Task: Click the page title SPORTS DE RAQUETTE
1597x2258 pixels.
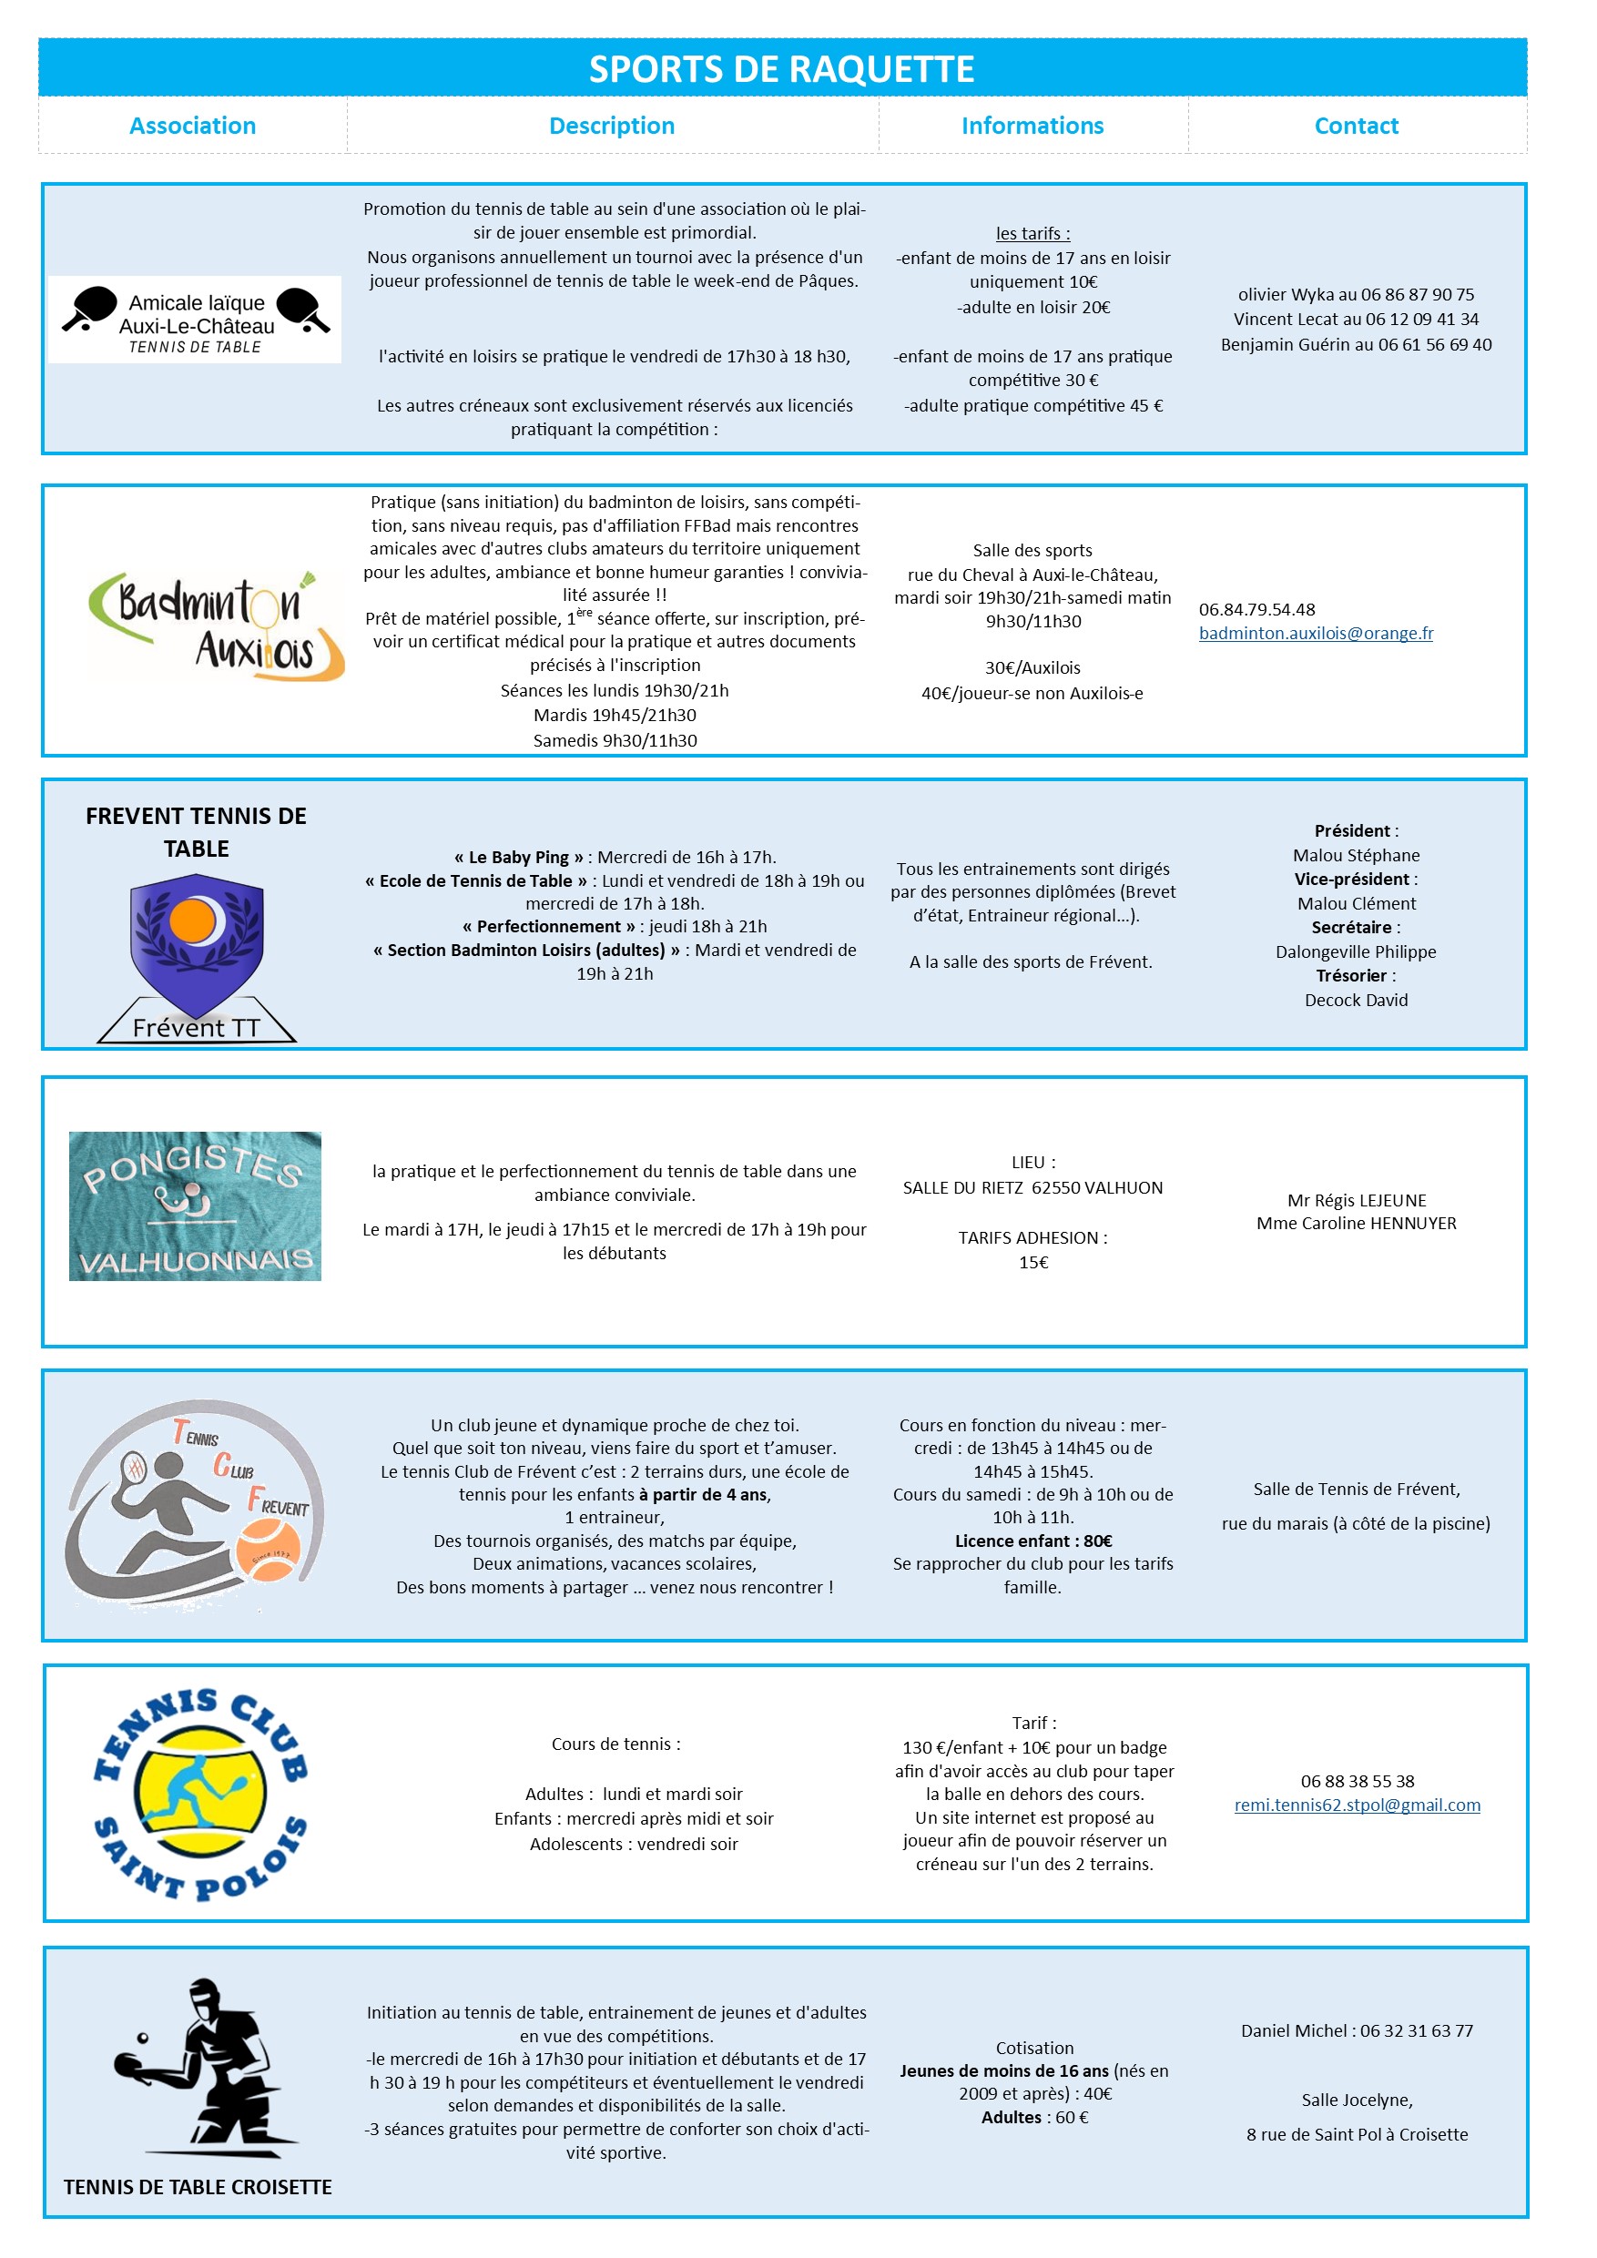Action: tap(782, 70)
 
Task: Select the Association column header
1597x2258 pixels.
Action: tap(193, 126)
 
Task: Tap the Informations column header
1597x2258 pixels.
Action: tap(1032, 126)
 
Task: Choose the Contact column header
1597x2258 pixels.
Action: tap(1356, 126)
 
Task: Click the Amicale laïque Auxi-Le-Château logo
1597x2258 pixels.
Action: tap(195, 320)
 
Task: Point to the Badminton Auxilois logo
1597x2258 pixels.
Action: tap(217, 626)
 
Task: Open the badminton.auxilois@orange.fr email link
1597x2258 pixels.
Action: tap(1315, 634)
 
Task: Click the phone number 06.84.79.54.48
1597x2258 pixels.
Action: tap(1256, 610)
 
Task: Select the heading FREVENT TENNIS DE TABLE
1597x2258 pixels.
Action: tap(196, 832)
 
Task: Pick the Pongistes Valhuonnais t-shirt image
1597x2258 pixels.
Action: tap(195, 1205)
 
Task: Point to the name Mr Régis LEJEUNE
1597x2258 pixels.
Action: tap(1356, 1200)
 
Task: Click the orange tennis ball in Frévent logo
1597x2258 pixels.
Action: tap(268, 1550)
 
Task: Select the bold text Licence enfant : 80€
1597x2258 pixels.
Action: tap(1032, 1541)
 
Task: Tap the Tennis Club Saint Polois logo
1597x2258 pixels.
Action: tap(199, 1794)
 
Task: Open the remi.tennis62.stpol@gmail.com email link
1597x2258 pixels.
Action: tap(1356, 1805)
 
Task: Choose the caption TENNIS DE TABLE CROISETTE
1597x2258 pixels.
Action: tap(198, 2187)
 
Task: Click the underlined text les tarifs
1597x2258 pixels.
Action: tap(1032, 233)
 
